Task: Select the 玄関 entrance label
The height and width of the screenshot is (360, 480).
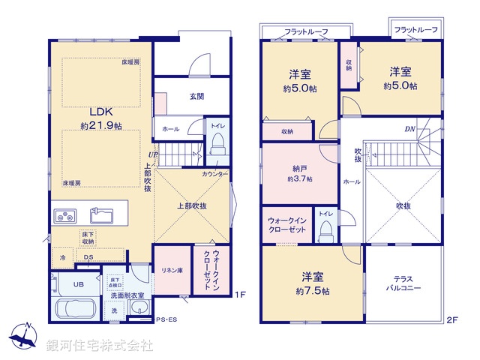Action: coord(196,95)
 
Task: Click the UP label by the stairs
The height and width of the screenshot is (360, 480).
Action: coord(152,155)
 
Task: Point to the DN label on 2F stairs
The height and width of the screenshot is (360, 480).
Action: coord(410,129)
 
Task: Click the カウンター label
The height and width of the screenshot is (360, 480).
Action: coord(214,174)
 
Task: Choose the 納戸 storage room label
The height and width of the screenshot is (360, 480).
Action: coord(300,168)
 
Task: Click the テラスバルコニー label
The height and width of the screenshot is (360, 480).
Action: coord(404,282)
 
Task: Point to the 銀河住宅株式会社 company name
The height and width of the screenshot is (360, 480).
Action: coord(99,346)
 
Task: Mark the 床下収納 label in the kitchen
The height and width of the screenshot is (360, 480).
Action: coord(88,238)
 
